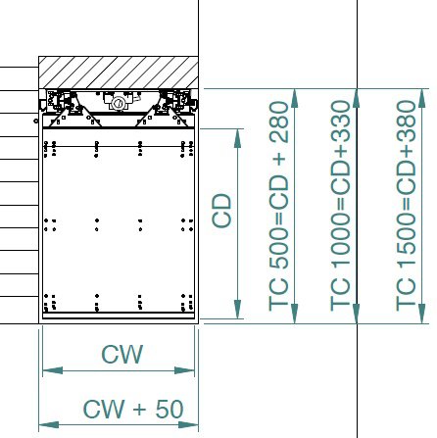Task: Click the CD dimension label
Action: [221, 211]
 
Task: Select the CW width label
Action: [122, 355]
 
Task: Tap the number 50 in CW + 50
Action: [170, 409]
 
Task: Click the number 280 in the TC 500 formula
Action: [278, 122]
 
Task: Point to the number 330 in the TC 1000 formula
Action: [340, 122]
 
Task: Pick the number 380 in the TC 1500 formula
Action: [406, 122]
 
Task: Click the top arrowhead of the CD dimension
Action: [237, 138]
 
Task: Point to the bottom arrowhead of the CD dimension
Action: [237, 309]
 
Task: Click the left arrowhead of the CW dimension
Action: [53, 370]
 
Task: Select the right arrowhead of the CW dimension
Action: [184, 370]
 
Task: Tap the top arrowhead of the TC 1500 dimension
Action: [422, 98]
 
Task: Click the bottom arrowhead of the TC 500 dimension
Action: [295, 314]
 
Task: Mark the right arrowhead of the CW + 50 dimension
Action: [188, 425]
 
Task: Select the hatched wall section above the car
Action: [119, 73]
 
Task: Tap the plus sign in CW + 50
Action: [140, 410]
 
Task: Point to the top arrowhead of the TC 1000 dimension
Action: [357, 98]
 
